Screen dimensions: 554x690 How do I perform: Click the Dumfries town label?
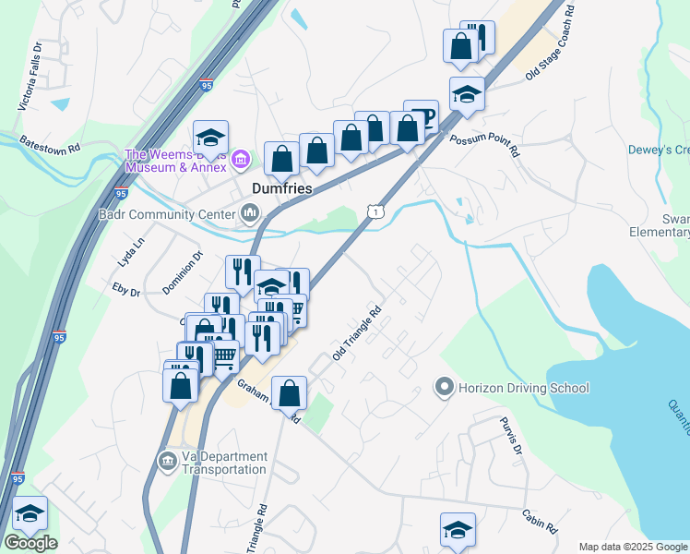(282, 187)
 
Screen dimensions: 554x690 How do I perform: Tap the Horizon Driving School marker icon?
(445, 388)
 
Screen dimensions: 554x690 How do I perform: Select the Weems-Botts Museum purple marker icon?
(241, 161)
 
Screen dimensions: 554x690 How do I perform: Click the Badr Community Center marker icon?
(250, 214)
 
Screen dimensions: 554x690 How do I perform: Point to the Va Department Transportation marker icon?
(167, 461)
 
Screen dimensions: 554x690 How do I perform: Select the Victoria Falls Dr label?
(30, 77)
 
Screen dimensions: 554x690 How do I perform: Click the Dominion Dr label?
(182, 273)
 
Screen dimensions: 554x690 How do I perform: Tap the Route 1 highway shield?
(375, 211)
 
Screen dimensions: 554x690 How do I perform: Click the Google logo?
(30, 543)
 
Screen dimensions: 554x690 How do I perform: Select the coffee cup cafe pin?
(421, 116)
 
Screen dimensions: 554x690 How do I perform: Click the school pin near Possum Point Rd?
(467, 94)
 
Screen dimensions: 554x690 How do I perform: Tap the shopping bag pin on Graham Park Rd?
(290, 393)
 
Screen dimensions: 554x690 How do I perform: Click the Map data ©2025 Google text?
(633, 547)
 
